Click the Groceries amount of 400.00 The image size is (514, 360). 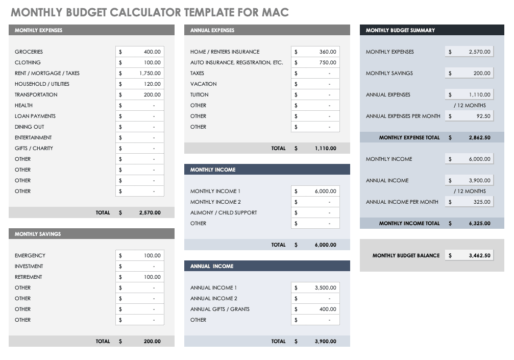click(152, 52)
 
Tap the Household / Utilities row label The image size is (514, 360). click(42, 84)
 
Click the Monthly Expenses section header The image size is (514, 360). click(39, 30)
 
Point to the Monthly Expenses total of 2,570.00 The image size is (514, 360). click(150, 212)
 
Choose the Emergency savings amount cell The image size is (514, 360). click(152, 255)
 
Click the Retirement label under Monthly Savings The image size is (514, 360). click(29, 277)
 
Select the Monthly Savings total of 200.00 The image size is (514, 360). click(152, 341)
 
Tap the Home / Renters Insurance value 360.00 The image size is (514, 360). click(327, 52)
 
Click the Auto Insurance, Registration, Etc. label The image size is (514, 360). click(236, 62)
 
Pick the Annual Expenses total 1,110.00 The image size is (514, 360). click(325, 148)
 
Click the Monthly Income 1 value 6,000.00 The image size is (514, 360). click(325, 191)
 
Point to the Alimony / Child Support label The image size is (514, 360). click(224, 212)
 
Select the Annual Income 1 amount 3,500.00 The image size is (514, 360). click(325, 287)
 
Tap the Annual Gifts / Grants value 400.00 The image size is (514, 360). click(327, 309)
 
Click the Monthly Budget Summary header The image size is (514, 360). click(400, 30)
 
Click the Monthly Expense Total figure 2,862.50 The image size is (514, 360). click(479, 137)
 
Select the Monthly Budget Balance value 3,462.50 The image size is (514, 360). click(479, 255)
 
